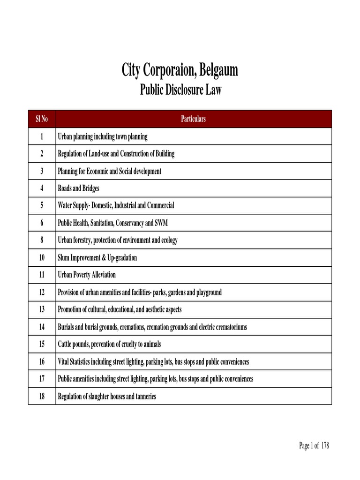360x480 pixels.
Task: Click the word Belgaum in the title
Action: click(x=218, y=71)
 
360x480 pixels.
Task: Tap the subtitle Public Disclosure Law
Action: click(x=180, y=90)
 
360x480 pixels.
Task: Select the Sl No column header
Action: click(x=42, y=119)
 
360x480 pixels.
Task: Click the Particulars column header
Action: click(x=193, y=119)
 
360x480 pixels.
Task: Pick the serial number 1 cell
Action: click(x=42, y=137)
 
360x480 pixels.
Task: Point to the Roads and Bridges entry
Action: click(x=78, y=188)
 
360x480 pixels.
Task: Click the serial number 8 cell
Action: click(x=42, y=240)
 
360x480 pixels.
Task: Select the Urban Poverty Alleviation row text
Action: click(x=86, y=275)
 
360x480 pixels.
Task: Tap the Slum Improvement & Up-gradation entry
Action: click(x=97, y=258)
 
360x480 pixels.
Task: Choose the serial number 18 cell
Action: click(x=42, y=397)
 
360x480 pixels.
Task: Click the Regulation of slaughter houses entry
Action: click(x=106, y=397)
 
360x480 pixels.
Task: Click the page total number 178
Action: click(x=325, y=446)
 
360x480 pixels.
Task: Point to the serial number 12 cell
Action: click(x=42, y=292)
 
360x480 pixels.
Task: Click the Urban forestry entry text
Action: click(x=117, y=240)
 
